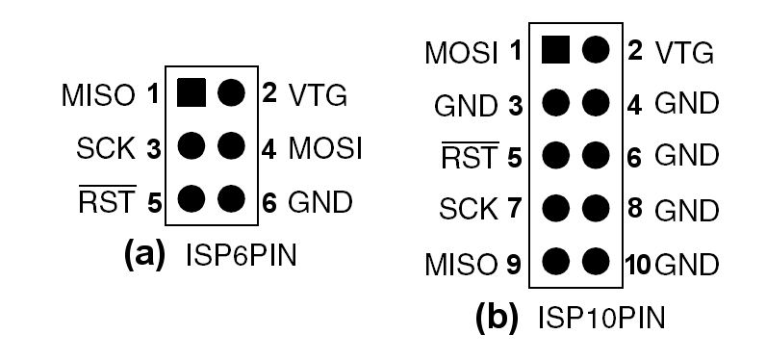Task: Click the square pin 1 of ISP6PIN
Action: (191, 93)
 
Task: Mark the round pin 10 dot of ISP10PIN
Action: (596, 259)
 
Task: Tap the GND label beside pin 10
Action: (687, 260)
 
